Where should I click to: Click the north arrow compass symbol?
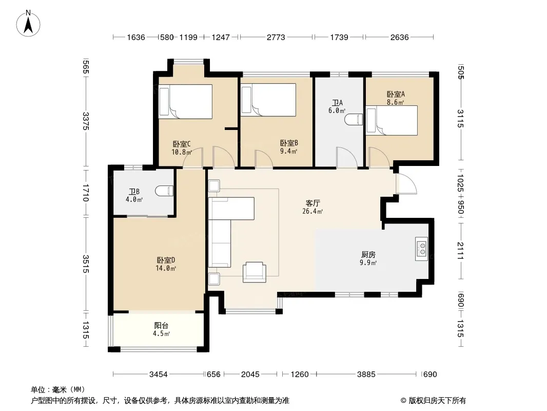click(x=28, y=24)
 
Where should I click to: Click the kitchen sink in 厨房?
click(x=421, y=249)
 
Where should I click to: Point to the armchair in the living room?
click(x=255, y=272)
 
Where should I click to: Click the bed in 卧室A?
click(x=392, y=120)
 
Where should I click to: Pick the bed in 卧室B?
click(x=268, y=100)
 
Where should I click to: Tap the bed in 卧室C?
click(x=185, y=102)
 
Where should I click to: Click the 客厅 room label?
click(x=313, y=203)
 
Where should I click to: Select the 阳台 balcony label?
click(x=161, y=325)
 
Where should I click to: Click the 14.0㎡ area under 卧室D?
click(x=166, y=268)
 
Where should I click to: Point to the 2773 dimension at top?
click(x=276, y=37)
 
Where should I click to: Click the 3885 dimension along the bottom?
click(x=366, y=375)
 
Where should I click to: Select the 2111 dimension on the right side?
click(x=460, y=251)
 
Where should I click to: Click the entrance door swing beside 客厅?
click(x=406, y=183)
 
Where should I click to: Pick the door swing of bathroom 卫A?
click(x=347, y=158)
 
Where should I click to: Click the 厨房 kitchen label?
click(x=368, y=254)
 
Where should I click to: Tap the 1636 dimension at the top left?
click(x=135, y=37)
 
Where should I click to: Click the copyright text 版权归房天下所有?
click(x=437, y=401)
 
